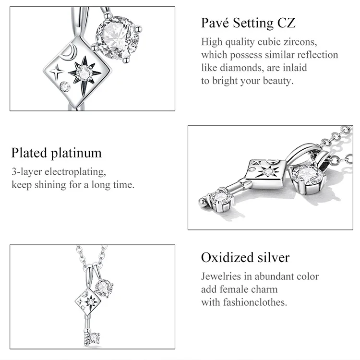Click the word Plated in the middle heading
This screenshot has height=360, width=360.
(x=29, y=153)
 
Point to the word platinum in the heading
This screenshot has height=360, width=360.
(x=76, y=154)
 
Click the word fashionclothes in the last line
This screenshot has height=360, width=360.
(x=255, y=302)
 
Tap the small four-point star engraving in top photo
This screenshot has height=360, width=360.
(x=57, y=72)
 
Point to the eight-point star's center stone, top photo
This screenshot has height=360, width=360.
(x=84, y=73)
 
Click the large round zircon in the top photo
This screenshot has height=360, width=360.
(x=117, y=38)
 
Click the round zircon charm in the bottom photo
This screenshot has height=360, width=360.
(x=104, y=288)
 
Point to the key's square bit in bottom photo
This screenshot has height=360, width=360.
(x=93, y=338)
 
